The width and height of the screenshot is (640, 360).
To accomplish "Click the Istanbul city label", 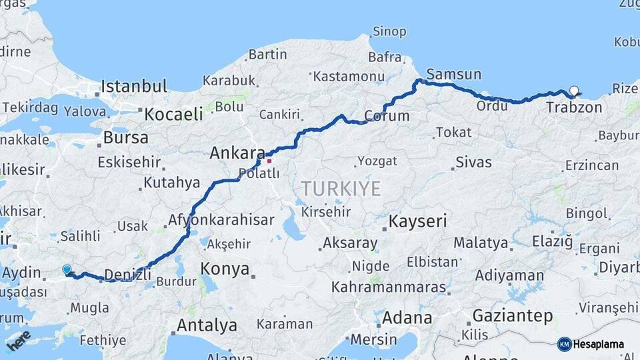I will click(134, 86).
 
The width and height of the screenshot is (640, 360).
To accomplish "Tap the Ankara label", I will click(237, 153).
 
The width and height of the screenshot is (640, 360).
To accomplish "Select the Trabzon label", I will click(573, 107).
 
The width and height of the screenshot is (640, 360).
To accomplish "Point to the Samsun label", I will click(453, 74).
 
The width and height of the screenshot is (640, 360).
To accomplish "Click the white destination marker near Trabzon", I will click(574, 91).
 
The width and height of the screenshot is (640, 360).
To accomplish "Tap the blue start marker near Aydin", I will click(67, 269).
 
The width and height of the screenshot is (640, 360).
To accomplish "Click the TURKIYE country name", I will click(341, 189).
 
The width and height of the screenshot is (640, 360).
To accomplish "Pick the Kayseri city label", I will click(417, 221).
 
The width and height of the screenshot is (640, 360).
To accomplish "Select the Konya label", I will click(225, 269).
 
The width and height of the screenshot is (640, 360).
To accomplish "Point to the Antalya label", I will click(207, 325).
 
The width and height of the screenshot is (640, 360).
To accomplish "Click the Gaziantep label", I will click(512, 315).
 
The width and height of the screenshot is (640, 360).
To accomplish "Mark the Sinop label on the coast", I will click(389, 31).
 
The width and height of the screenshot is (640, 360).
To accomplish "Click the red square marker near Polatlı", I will click(269, 161).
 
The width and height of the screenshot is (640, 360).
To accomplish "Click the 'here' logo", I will click(19, 340).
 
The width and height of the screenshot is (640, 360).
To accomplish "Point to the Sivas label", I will click(473, 162).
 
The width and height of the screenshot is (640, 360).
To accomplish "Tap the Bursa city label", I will click(126, 138).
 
